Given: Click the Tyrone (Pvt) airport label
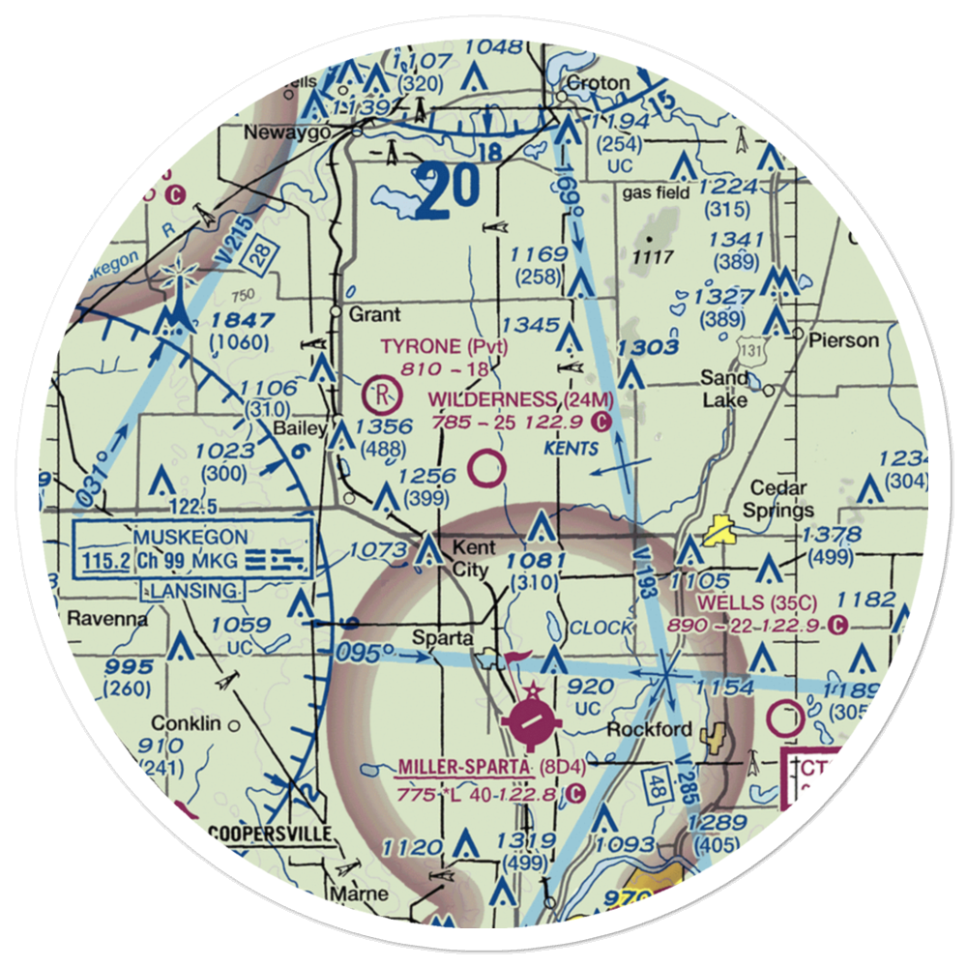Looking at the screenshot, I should (444, 346).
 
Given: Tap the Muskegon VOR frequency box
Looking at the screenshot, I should (193, 548).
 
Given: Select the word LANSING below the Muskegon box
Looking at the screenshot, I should (194, 590).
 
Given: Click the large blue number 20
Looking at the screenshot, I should (450, 189).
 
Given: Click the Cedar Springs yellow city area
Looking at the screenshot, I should (718, 531).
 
